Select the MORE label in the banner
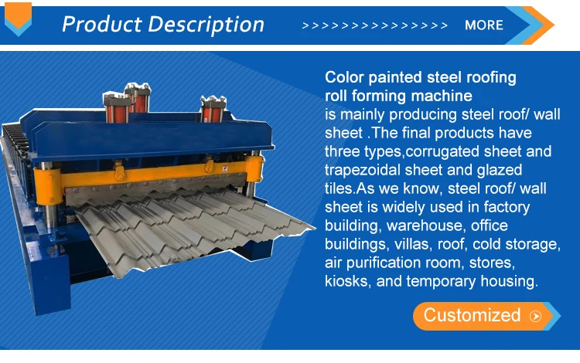(x=484, y=25)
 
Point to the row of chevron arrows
(x=374, y=25)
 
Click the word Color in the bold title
(x=343, y=78)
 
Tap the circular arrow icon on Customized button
(x=535, y=316)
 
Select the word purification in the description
(x=382, y=263)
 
